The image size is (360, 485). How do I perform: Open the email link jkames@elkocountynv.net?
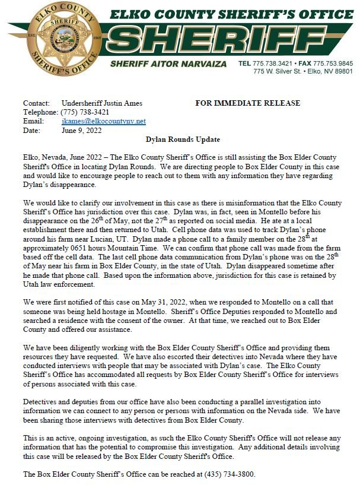click(103, 121)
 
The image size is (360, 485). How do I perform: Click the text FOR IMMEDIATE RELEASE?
click(247, 103)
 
